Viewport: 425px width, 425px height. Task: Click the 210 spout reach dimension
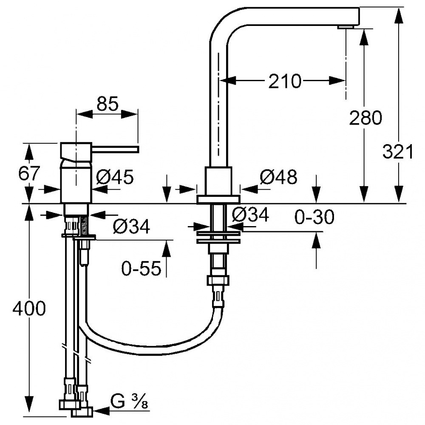[285, 81]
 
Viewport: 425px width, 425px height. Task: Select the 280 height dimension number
[365, 118]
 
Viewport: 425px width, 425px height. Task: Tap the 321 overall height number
[398, 151]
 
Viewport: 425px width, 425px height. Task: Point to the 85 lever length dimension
[108, 104]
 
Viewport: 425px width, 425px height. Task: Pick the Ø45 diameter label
[115, 177]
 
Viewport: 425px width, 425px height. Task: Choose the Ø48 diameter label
[278, 177]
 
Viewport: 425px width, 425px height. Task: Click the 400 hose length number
[29, 309]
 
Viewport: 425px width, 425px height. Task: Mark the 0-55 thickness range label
[141, 268]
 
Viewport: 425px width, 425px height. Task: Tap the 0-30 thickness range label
[314, 217]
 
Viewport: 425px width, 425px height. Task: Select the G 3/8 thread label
[130, 402]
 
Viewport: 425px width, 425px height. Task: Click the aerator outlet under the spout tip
[346, 27]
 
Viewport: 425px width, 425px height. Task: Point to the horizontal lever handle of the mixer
[116, 149]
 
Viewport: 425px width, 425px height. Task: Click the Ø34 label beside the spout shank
[251, 215]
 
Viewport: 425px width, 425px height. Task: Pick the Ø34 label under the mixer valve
[131, 227]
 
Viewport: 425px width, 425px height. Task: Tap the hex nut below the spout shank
[218, 280]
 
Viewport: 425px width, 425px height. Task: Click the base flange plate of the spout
[218, 199]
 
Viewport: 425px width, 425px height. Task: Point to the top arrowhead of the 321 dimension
[399, 17]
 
